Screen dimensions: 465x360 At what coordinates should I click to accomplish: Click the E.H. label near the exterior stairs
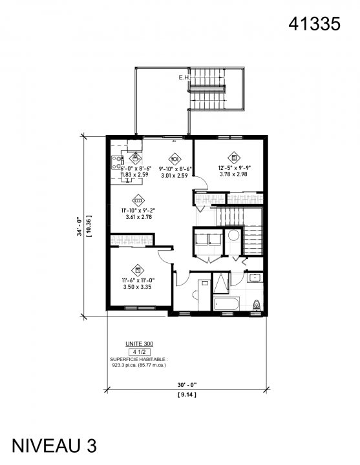(184, 78)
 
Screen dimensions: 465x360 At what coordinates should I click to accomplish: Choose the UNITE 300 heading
(140, 344)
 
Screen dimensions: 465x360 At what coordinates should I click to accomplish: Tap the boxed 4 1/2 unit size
(140, 351)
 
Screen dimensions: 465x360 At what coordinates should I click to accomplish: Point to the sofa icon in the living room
(137, 201)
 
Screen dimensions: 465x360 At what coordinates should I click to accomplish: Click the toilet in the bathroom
(257, 304)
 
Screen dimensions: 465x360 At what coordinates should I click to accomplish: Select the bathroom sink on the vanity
(254, 278)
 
